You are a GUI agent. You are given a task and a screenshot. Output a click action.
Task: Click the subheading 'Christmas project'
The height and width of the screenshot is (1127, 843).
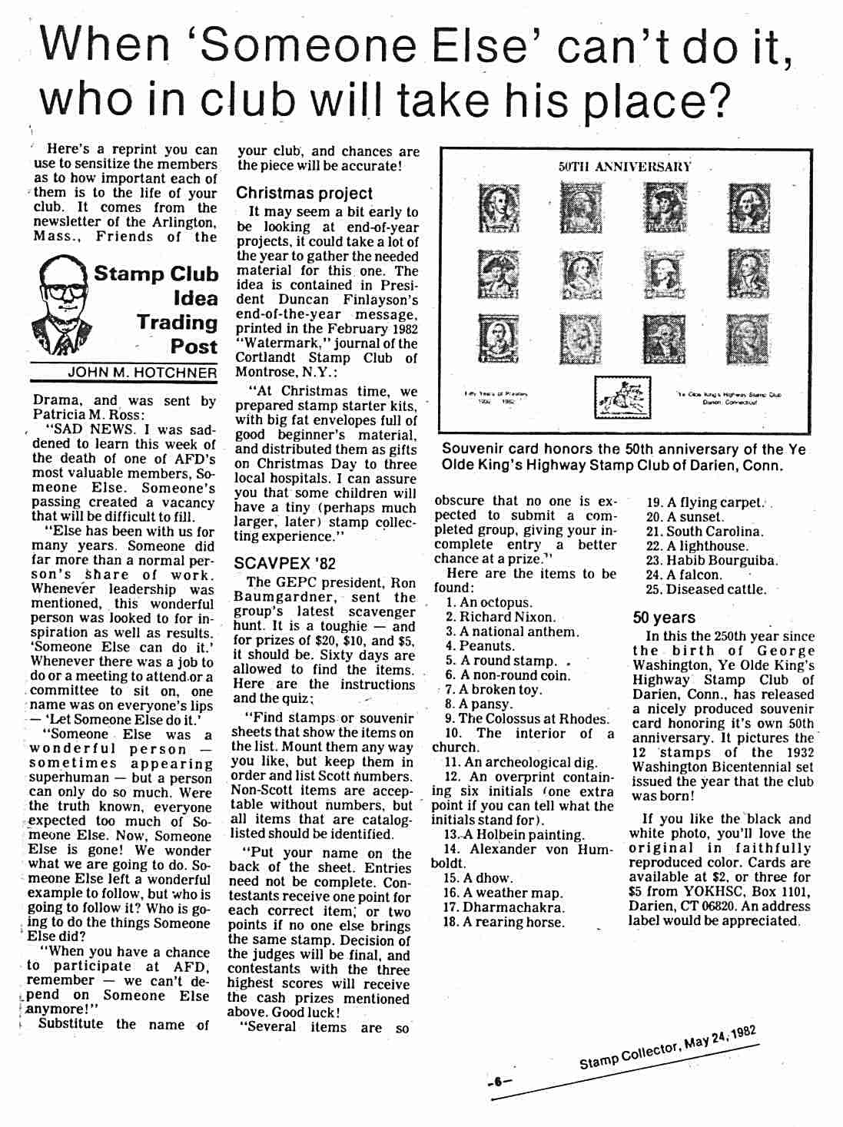304,194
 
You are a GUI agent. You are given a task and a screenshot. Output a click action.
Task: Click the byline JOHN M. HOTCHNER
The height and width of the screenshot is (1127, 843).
142,373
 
